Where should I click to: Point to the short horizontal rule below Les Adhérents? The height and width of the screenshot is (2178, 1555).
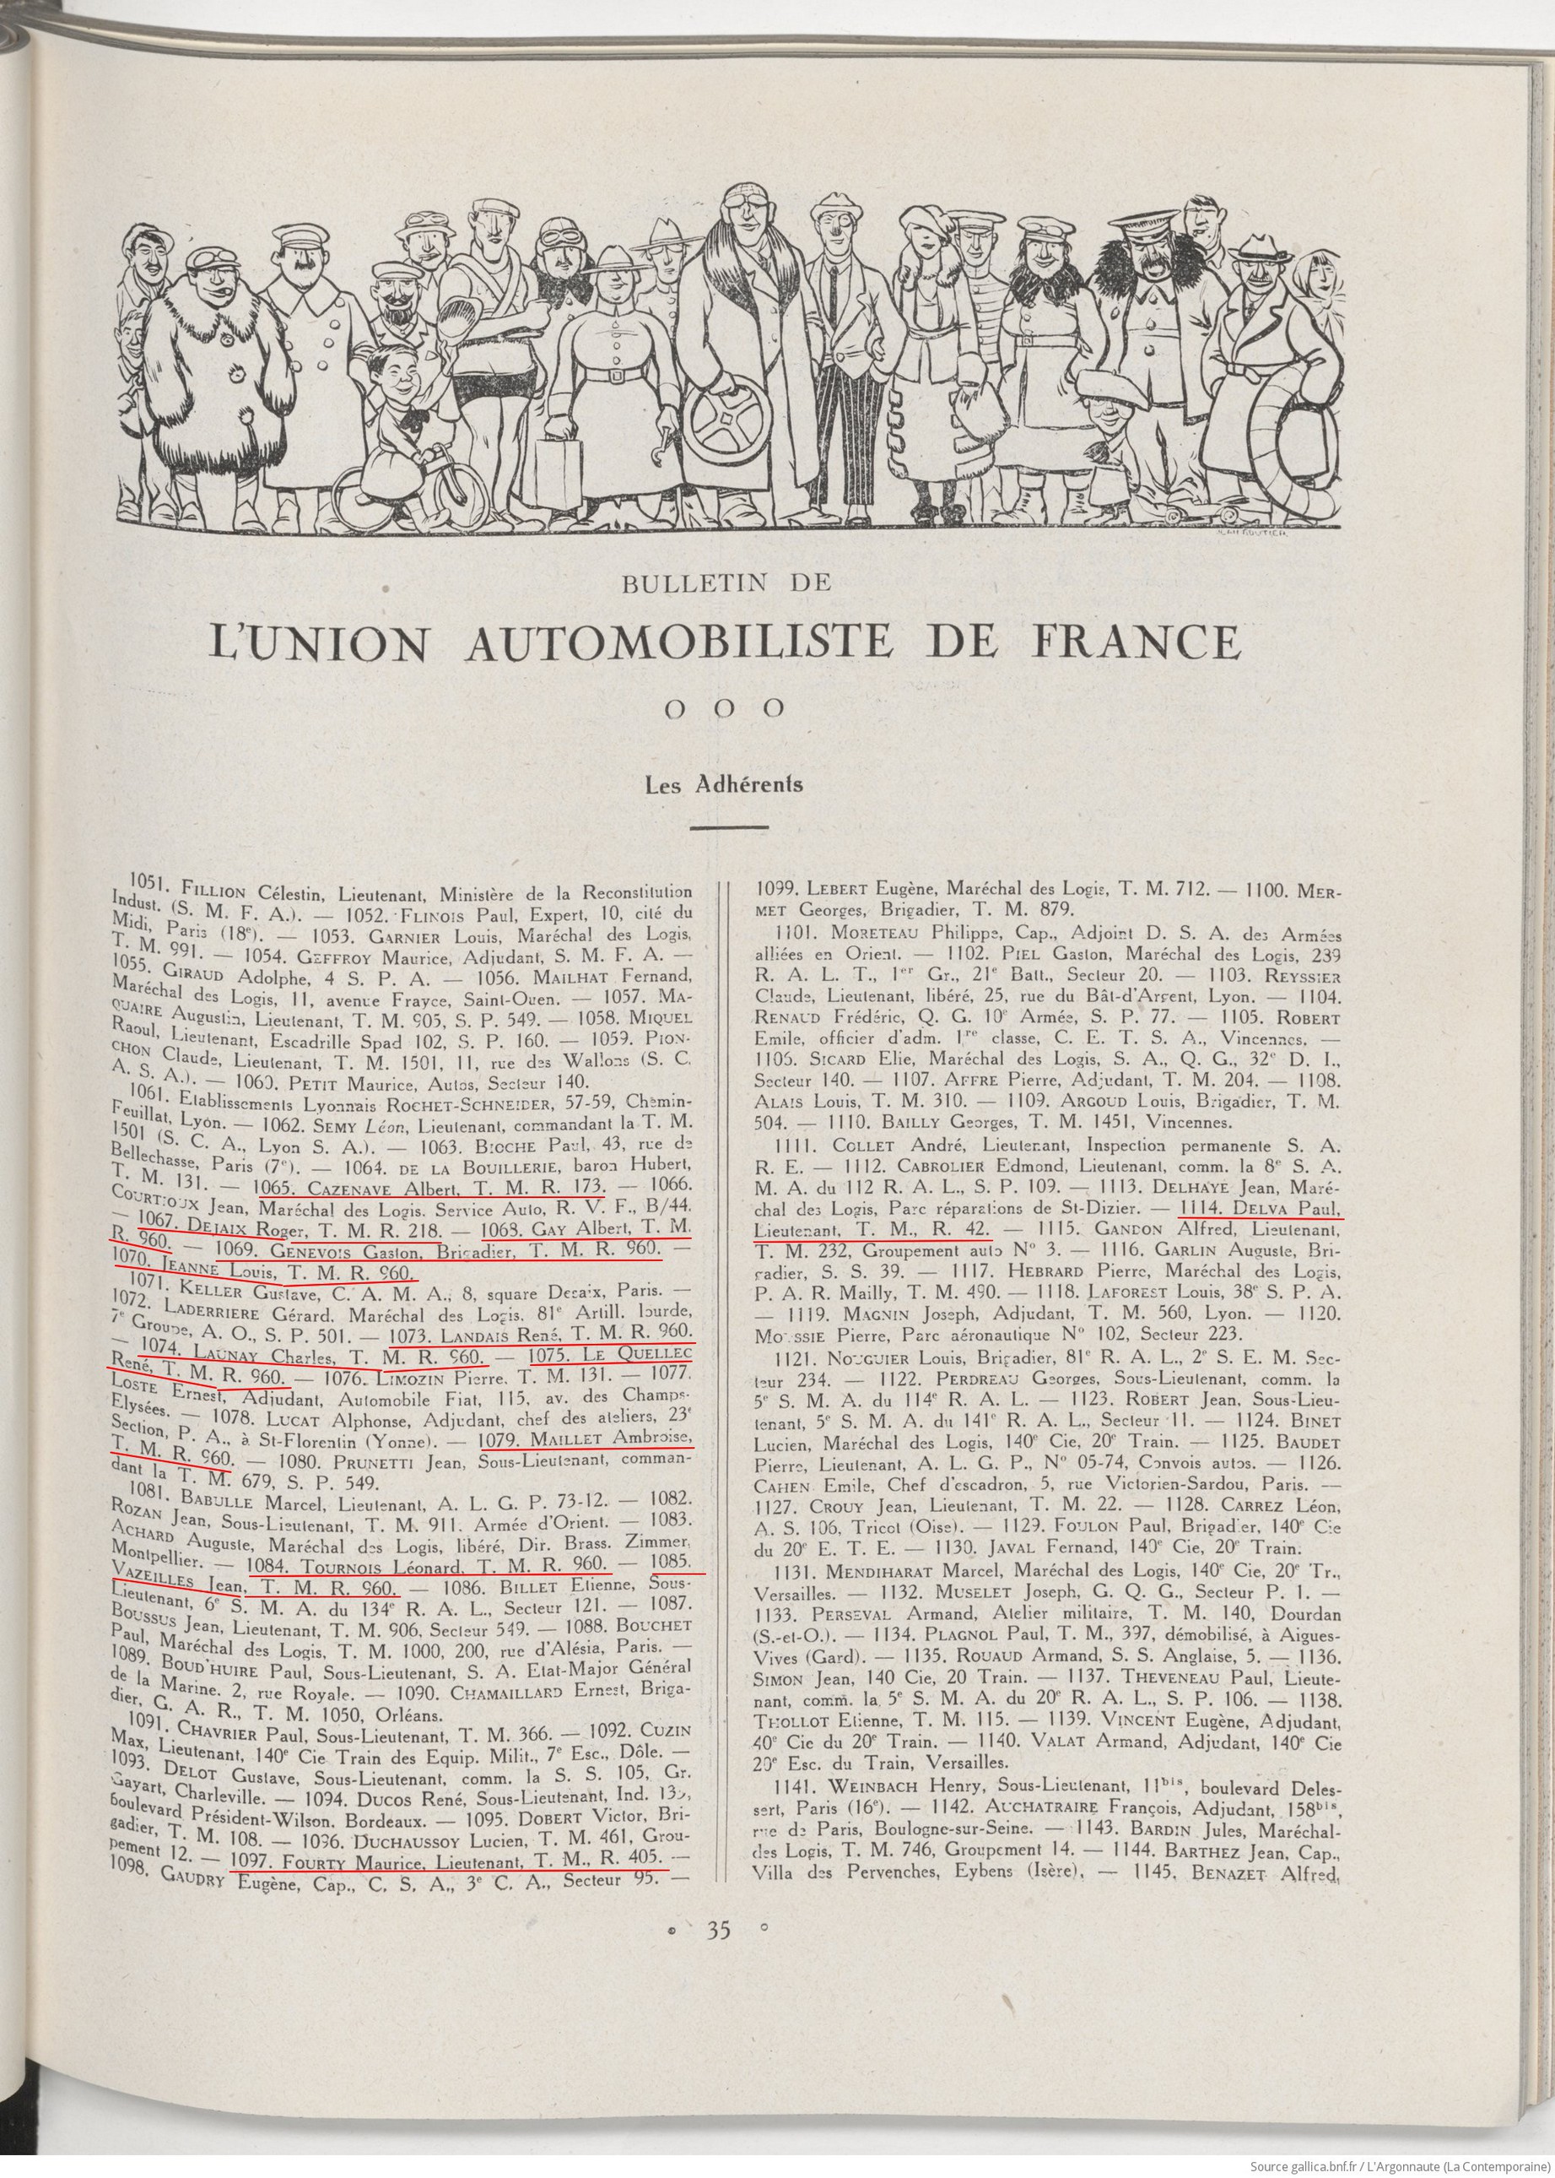pos(729,826)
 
